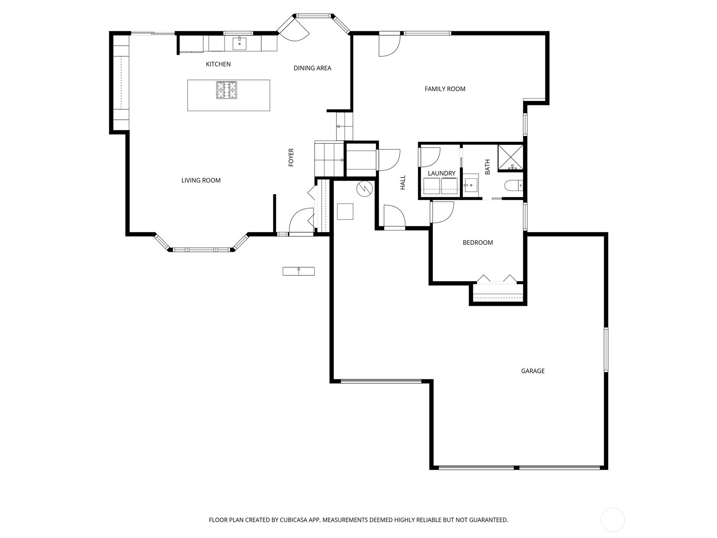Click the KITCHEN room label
tap(218, 64)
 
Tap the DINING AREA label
tap(312, 68)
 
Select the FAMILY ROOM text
tap(445, 89)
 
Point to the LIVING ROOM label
tap(201, 180)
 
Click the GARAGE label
tap(533, 371)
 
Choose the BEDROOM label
tap(478, 243)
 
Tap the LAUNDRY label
tap(441, 174)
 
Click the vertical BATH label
tap(488, 167)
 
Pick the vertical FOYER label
tap(291, 157)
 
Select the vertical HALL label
tap(402, 182)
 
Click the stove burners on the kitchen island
tap(227, 90)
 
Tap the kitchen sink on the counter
tap(239, 43)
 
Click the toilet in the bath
tap(514, 185)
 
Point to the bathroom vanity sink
tap(471, 184)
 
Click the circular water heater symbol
tap(364, 189)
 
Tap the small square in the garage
tap(345, 211)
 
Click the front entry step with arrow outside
tap(298, 271)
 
